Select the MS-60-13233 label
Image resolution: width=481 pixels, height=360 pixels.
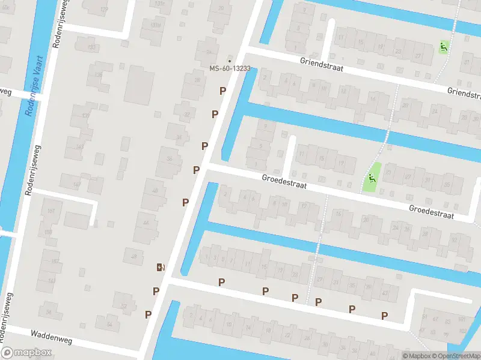point(229,68)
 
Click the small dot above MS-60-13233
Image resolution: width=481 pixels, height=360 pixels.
point(229,61)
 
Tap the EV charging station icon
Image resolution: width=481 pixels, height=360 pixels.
point(161,268)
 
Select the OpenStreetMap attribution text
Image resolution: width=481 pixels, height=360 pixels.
point(454,356)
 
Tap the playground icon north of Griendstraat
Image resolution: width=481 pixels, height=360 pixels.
point(443,47)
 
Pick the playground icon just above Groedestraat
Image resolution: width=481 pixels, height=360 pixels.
point(372,178)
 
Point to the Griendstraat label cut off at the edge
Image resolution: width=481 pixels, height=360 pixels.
point(464,92)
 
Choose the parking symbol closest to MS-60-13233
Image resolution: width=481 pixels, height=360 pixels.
point(223,91)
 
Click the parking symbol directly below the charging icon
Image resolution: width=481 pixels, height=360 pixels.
point(156,291)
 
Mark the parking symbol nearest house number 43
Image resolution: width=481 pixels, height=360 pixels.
point(384,315)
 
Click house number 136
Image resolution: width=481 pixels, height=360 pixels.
point(97,75)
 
